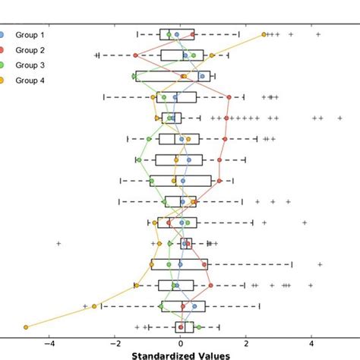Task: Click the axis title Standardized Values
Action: [x=180, y=355]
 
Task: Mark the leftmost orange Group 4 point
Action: [x=26, y=327]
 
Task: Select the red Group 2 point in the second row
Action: [x=135, y=55]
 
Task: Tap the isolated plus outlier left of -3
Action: [x=58, y=243]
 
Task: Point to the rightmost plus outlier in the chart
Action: [x=340, y=118]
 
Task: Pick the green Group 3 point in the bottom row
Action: [x=199, y=327]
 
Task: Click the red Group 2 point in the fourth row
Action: [x=229, y=97]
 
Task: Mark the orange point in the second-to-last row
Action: [x=94, y=306]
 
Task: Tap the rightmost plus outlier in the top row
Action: [x=317, y=34]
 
